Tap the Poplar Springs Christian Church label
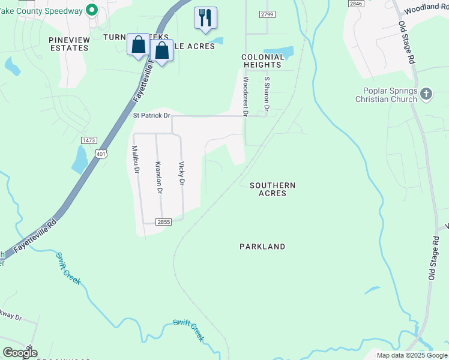385,95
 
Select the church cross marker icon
426,94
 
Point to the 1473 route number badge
89,140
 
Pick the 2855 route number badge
164,221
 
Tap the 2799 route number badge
268,14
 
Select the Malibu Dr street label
136,159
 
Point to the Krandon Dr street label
158,177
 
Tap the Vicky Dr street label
182,173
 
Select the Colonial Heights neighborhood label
262,61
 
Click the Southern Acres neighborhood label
273,189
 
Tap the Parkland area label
262,247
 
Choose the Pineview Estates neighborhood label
69,44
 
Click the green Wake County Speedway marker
92,9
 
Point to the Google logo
20,353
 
